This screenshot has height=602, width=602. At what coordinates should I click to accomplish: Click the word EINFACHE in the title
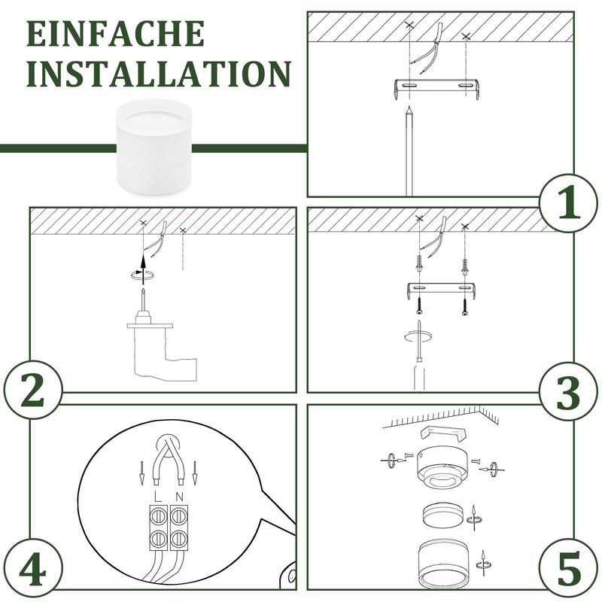click(x=115, y=34)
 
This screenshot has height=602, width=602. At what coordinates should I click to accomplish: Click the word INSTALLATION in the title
click(x=159, y=73)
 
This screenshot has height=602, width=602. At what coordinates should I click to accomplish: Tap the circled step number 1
click(x=569, y=202)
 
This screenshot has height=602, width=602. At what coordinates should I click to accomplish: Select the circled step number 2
click(x=33, y=390)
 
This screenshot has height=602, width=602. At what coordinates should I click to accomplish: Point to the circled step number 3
click(x=569, y=392)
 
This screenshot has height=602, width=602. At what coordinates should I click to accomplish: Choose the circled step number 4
click(x=33, y=567)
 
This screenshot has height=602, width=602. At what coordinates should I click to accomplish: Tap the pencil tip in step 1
click(x=409, y=108)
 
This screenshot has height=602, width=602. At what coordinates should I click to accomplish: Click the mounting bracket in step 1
click(x=436, y=89)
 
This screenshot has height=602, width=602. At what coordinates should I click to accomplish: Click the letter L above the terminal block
click(x=158, y=496)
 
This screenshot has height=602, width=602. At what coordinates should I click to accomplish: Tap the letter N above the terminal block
click(x=179, y=497)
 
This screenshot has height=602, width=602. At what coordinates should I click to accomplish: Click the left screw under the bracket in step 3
click(x=420, y=305)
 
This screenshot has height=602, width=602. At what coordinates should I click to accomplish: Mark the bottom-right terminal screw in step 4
click(x=178, y=539)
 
